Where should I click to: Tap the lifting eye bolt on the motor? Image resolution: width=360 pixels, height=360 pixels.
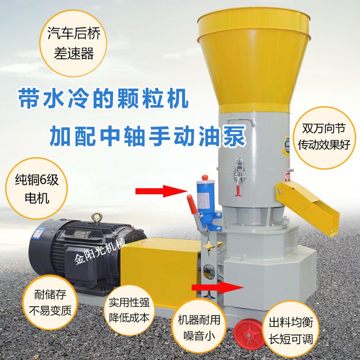[x=97, y=218]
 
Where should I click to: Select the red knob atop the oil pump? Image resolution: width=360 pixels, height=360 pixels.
[x=205, y=178]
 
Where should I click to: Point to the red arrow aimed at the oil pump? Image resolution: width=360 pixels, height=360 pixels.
[x=162, y=191]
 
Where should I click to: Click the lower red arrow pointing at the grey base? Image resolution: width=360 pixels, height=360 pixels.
[x=217, y=288]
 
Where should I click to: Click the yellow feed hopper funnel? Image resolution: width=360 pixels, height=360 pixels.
[x=254, y=60]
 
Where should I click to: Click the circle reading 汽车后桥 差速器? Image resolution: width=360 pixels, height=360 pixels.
[x=73, y=44]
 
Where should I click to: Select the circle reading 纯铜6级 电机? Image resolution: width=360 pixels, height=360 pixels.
[x=37, y=188]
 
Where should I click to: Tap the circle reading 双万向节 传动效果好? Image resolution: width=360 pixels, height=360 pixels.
[x=324, y=138]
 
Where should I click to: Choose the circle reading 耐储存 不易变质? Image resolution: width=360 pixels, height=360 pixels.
[x=50, y=302]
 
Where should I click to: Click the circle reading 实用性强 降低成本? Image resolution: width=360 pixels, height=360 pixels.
[x=129, y=310]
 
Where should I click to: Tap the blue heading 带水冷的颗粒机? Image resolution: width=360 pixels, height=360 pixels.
[x=103, y=99]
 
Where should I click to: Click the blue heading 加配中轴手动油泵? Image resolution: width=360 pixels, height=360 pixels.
[x=148, y=136]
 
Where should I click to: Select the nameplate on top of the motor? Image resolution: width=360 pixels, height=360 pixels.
[x=81, y=234]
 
